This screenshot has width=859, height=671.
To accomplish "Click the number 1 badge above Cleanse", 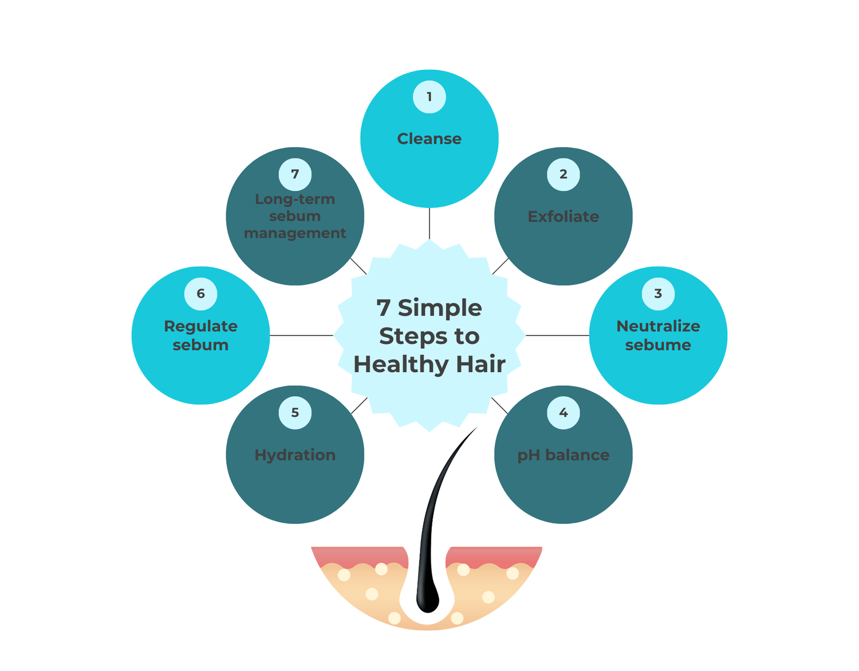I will (429, 97).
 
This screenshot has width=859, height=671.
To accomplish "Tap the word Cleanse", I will (429, 139).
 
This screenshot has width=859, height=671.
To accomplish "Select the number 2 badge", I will (564, 174).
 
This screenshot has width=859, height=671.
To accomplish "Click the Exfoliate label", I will (564, 216).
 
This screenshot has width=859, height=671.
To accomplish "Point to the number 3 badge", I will (658, 294).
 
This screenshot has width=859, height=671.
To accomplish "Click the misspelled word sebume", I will (658, 345).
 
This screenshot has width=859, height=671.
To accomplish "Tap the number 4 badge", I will (564, 413).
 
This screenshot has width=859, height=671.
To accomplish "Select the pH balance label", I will (564, 455).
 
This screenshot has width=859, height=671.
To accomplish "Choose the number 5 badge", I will (295, 413).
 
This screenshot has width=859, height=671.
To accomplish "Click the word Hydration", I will (295, 455).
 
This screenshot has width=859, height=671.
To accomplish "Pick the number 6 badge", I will (200, 294).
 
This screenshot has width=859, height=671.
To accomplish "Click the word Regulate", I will (200, 326).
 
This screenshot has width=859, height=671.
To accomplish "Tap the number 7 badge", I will (295, 174).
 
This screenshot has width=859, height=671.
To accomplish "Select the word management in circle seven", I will (295, 233).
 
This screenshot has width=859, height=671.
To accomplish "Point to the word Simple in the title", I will (440, 308).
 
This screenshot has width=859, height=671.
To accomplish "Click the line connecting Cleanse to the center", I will (429, 223).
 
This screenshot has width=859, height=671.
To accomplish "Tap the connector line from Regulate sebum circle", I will (301, 335).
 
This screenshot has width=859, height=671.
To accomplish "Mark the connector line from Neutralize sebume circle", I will (557, 335).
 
